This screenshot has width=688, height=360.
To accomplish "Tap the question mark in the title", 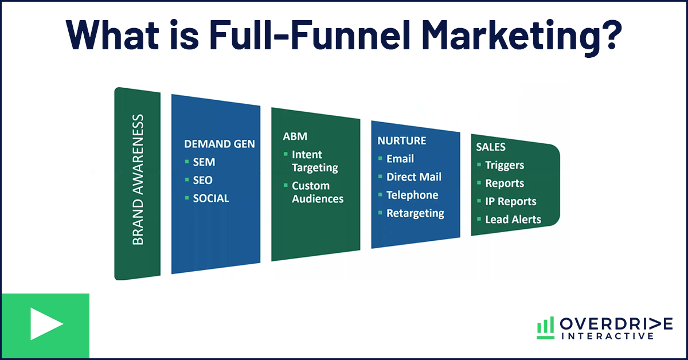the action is coord(609,34).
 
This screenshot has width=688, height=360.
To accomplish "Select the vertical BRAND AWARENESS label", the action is coord(138,179).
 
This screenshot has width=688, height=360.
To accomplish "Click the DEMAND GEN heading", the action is coord(219,144).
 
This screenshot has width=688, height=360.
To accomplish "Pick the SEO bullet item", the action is coord(202,180).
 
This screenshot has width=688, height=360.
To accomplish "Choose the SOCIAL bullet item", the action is coord(211,198).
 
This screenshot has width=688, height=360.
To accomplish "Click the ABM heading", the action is coord(295,136).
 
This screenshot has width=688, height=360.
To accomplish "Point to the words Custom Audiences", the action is coord(318,192).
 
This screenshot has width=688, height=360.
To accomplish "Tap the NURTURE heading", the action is coord(402,140).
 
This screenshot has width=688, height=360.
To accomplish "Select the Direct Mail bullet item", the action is coord(414,177).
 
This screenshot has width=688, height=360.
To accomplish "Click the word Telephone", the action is coord(412,195).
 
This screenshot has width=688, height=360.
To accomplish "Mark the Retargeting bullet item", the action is coord(415,213).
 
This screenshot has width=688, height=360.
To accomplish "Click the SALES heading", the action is coord(491,147).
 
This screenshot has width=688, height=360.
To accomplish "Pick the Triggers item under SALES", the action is coord(505,165).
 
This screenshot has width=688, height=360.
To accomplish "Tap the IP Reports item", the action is coord(511,201).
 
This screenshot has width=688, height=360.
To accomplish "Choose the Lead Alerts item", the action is coord(513,220).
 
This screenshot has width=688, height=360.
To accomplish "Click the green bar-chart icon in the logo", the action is coord(545,328).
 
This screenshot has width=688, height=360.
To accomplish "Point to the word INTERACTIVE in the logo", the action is coord(608,336).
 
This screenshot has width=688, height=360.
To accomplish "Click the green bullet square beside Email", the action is coord(380,158).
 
